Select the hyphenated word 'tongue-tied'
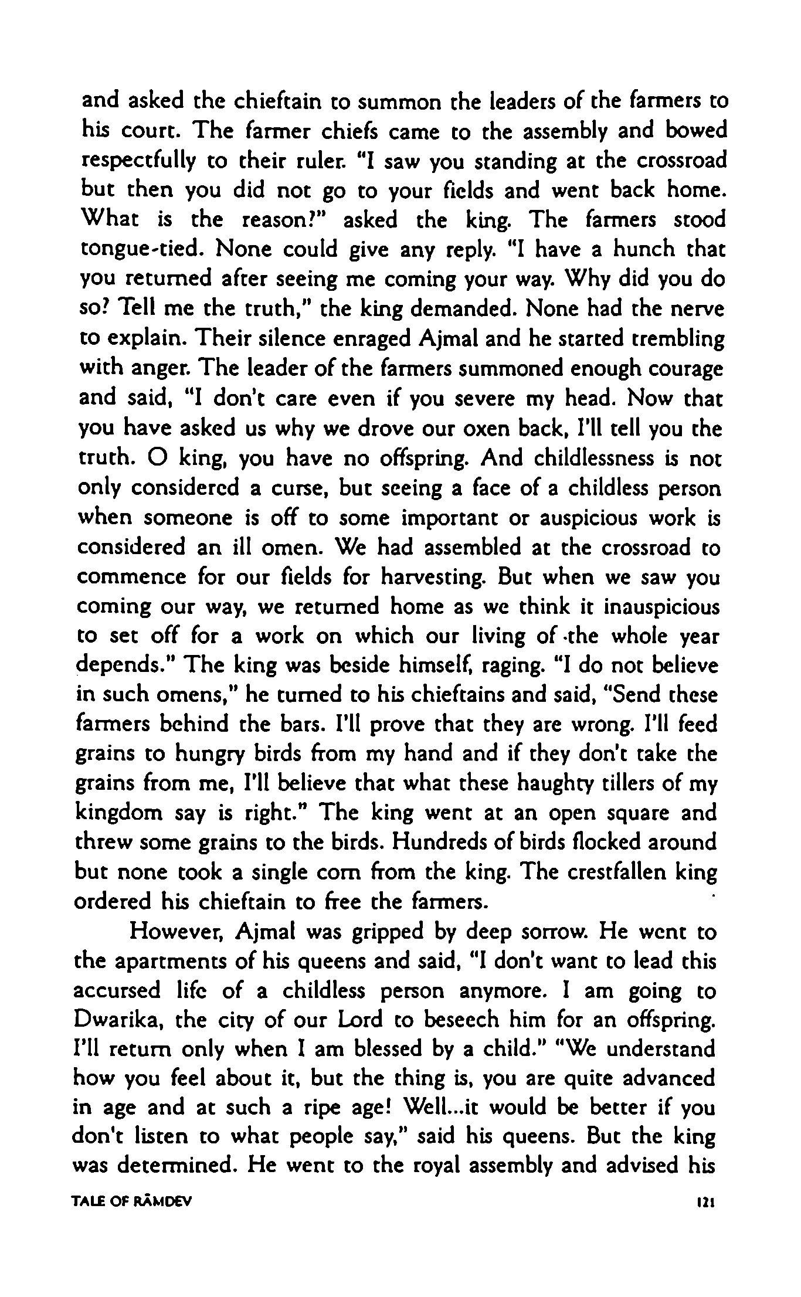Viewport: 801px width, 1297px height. pos(141,250)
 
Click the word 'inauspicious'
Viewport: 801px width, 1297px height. pos(661,607)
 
